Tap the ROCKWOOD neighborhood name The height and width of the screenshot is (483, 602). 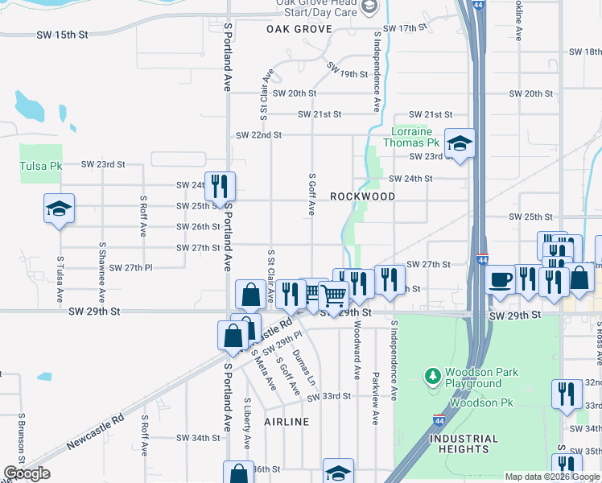coord(362,196)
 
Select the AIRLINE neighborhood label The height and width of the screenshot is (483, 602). coord(286,422)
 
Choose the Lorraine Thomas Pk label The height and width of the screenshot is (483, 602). coord(412,137)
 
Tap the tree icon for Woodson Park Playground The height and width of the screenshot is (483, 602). coord(433,375)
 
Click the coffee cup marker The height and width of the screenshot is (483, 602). coord(501,279)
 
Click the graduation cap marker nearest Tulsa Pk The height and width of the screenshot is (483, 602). coord(59,208)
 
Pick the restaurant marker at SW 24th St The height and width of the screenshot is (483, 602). coord(219,187)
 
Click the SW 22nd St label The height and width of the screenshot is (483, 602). coord(258,135)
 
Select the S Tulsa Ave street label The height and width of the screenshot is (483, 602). coord(60,279)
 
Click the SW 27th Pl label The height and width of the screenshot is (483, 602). coord(130,267)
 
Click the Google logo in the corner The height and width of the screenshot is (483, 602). coord(27,473)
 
